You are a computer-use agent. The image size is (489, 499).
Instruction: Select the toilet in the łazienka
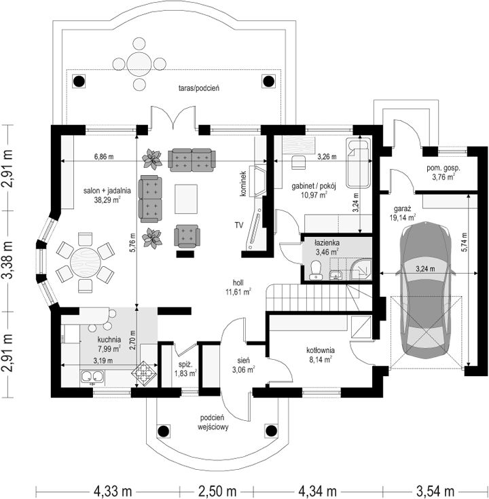(x=316, y=270)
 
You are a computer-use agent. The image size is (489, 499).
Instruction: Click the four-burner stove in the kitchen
(x=144, y=373)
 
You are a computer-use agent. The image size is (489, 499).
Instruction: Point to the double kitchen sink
(x=92, y=377)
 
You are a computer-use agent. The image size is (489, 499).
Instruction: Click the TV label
(x=239, y=225)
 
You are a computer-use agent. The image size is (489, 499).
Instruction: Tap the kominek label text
(x=244, y=183)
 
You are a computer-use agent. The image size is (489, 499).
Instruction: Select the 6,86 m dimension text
(x=104, y=157)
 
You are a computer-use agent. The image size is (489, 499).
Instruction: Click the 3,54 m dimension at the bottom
(x=435, y=491)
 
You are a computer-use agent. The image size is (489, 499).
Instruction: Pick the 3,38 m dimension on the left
(x=7, y=260)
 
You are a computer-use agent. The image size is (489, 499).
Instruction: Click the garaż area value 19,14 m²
(x=403, y=217)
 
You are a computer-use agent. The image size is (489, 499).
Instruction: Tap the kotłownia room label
(x=321, y=350)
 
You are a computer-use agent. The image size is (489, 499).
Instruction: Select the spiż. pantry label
(x=185, y=365)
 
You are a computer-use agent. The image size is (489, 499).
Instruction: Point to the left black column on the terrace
(x=79, y=81)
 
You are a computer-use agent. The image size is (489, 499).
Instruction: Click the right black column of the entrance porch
(x=271, y=431)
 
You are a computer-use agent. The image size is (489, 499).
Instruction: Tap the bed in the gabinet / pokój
(x=359, y=162)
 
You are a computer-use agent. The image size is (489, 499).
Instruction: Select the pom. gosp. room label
(x=443, y=168)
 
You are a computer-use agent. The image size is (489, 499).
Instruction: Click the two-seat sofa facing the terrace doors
(x=192, y=160)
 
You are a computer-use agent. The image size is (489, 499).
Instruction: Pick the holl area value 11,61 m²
(x=238, y=292)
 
